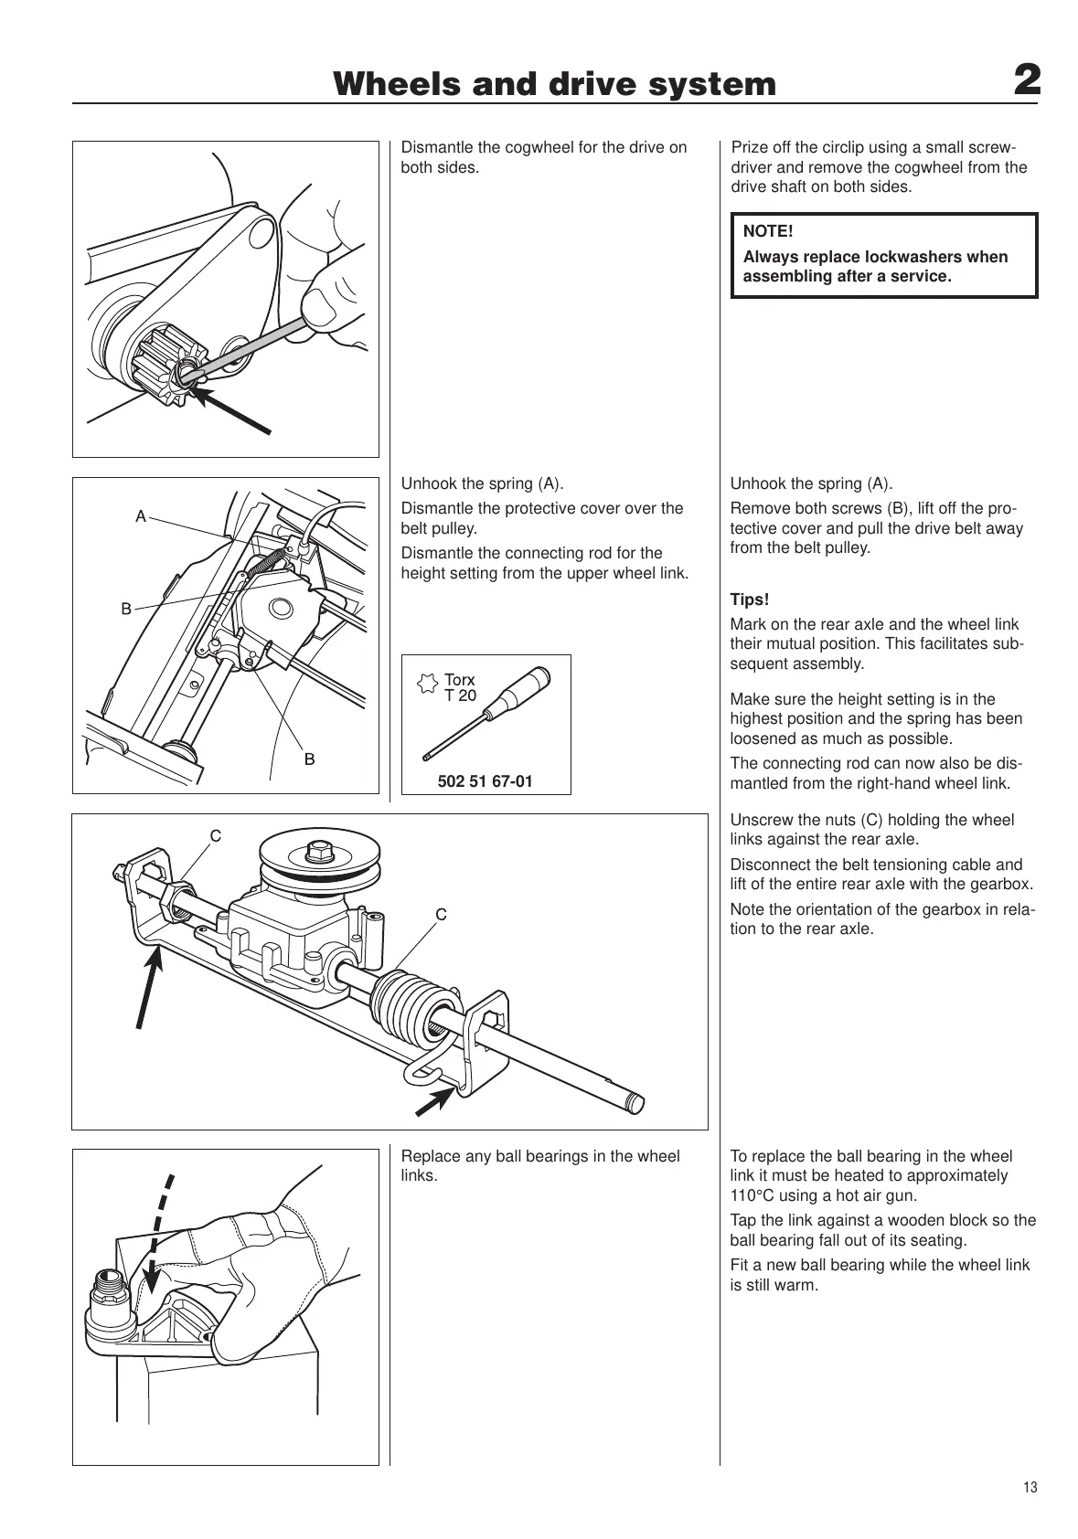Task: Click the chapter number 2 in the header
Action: (1027, 82)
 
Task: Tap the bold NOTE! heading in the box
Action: (768, 232)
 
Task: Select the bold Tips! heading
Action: (750, 600)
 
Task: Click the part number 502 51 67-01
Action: (486, 781)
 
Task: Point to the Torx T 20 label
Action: (459, 687)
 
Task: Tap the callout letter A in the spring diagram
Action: (141, 516)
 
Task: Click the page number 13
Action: (1030, 1488)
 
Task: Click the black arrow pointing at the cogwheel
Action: (234, 409)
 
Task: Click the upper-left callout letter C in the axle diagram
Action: (216, 835)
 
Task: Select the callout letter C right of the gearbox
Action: (441, 914)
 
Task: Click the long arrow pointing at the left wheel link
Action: (149, 987)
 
